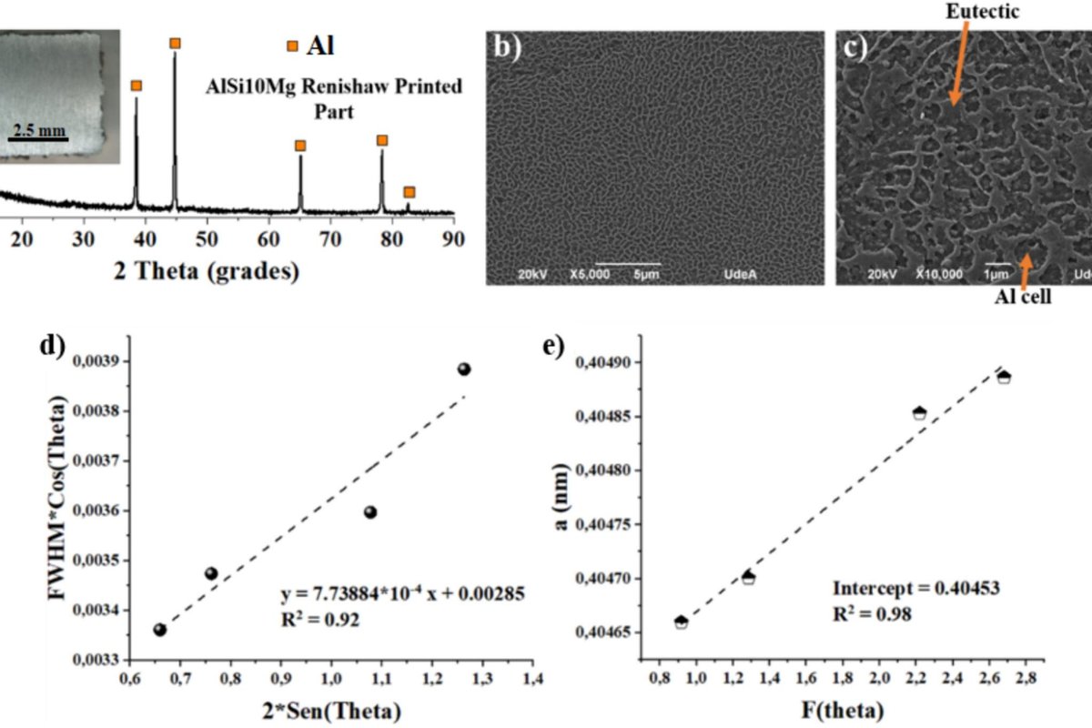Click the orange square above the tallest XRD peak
(175, 43)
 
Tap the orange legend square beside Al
(292, 45)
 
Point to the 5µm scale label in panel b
(646, 273)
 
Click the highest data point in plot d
(464, 369)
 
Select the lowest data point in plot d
(160, 629)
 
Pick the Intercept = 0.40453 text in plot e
(916, 588)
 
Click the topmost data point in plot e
(1004, 376)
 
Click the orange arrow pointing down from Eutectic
(958, 64)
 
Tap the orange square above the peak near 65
(300, 146)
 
